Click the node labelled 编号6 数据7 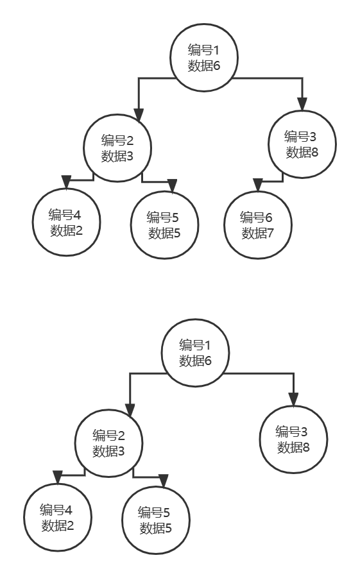[x=258, y=225]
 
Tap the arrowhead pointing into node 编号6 [x=258, y=185]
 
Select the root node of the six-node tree [x=204, y=58]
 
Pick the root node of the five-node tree [x=196, y=353]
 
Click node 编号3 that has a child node [x=302, y=144]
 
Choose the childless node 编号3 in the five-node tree [x=294, y=439]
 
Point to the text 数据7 [x=258, y=233]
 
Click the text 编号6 [x=256, y=217]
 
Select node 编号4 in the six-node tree [x=66, y=222]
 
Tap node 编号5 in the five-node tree [x=156, y=520]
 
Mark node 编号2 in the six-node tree [x=117, y=148]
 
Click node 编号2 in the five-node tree [x=109, y=443]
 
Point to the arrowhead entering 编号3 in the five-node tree [x=294, y=400]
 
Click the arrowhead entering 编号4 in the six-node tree [x=66, y=182]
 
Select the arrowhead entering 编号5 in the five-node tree [x=164, y=480]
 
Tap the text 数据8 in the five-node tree [x=294, y=448]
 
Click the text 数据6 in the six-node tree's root [x=204, y=65]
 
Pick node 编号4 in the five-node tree [x=58, y=517]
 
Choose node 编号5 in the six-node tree [x=164, y=225]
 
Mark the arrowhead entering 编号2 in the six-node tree [x=139, y=115]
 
